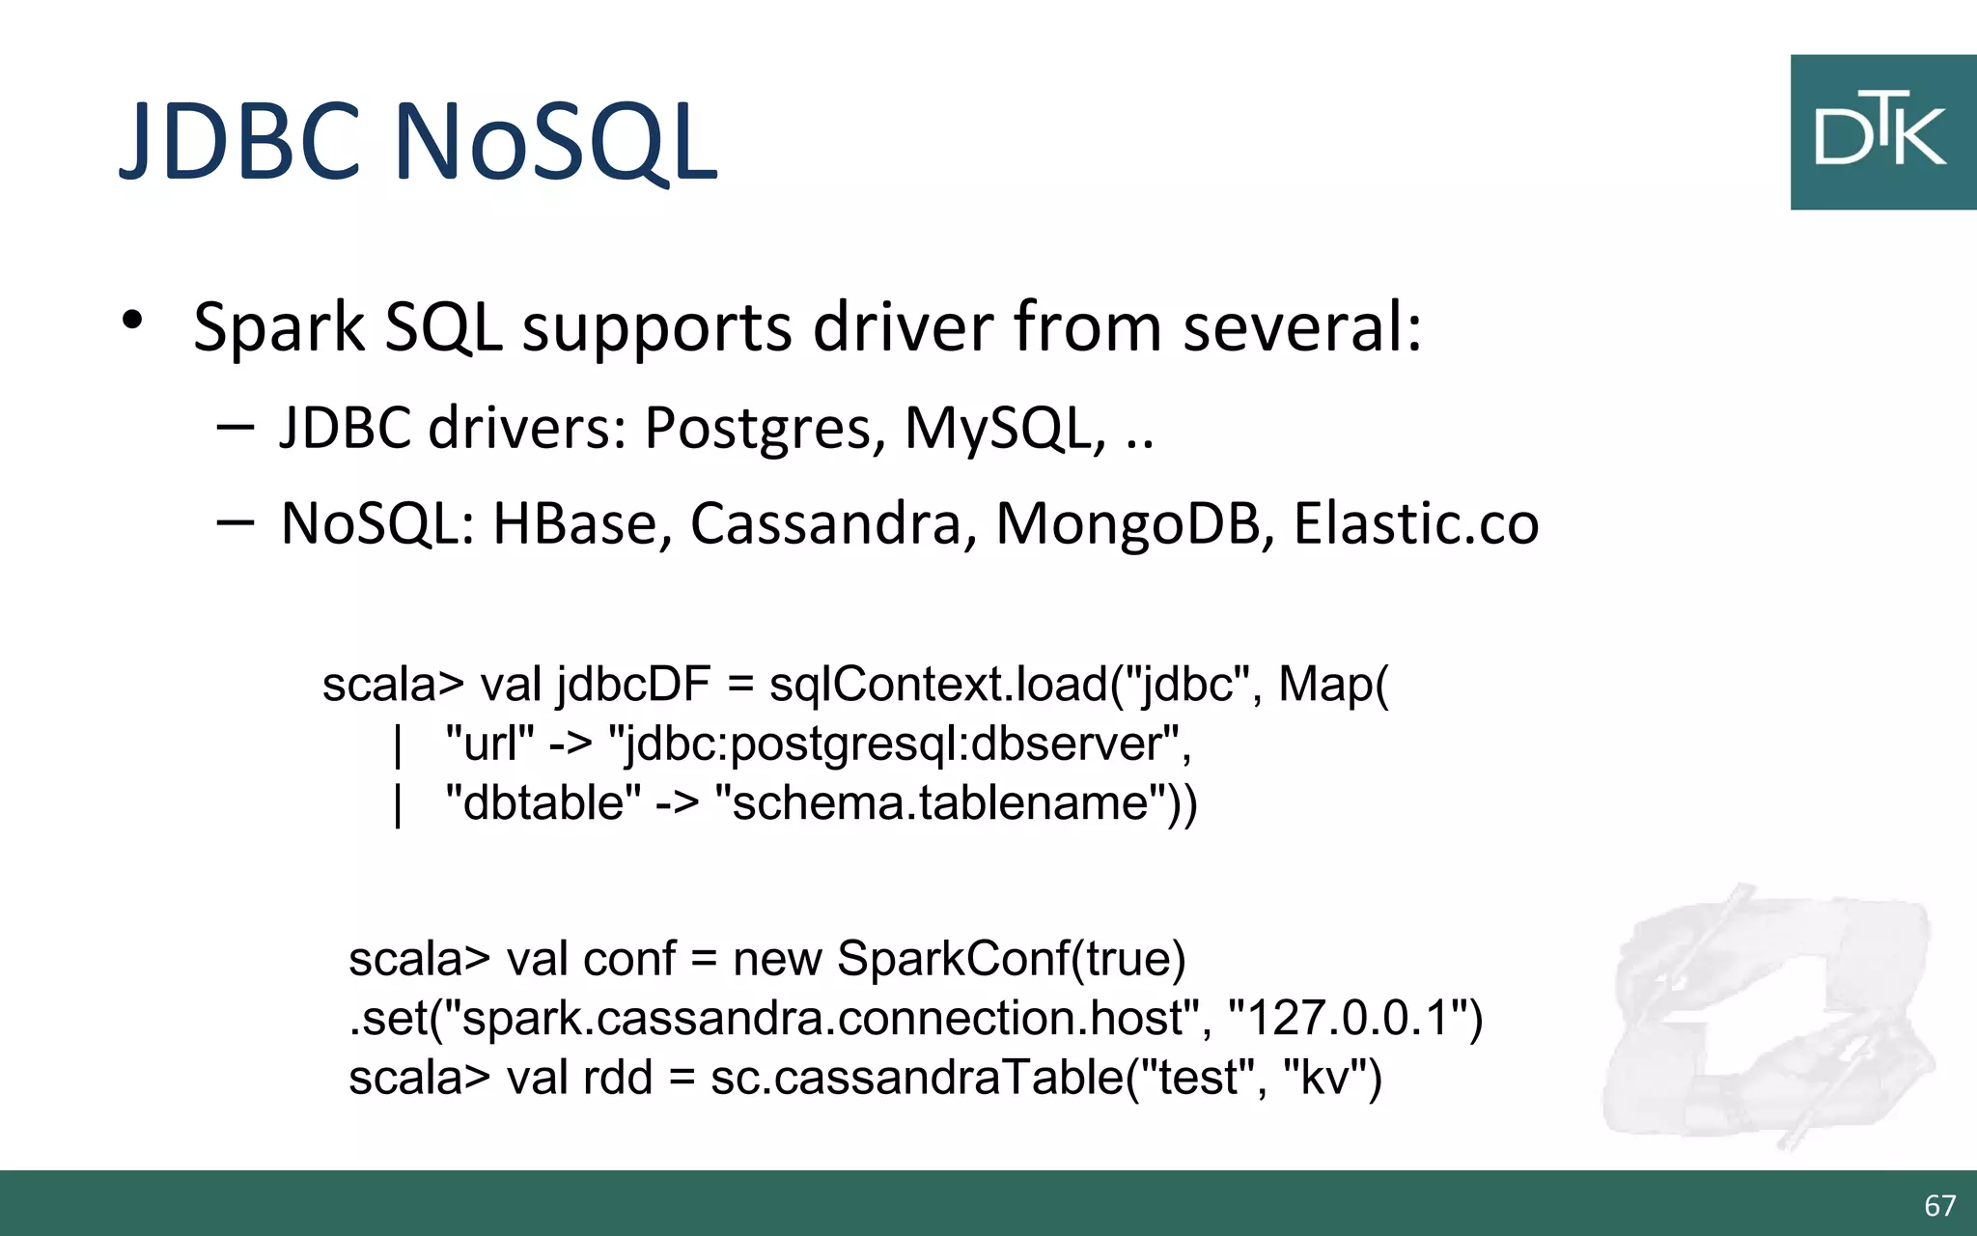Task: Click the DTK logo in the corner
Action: click(1882, 132)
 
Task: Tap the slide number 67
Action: click(1939, 1205)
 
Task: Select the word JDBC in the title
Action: click(240, 142)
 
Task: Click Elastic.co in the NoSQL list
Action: click(1415, 524)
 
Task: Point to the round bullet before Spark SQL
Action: click(132, 321)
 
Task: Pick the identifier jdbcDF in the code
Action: click(634, 685)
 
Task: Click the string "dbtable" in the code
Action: click(543, 802)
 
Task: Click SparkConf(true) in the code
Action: click(1011, 959)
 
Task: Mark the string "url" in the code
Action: click(489, 744)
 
